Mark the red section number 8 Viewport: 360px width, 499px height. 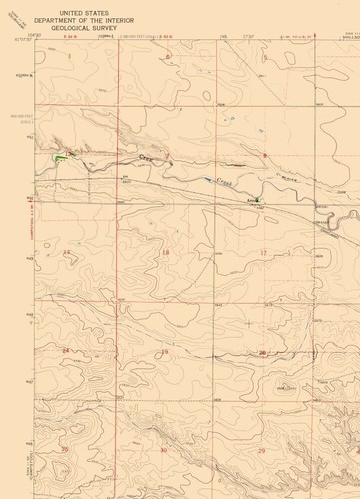[x=265, y=155]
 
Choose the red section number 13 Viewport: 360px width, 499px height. [x=66, y=253]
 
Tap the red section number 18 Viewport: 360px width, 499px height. [x=166, y=253]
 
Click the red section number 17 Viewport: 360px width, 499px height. [x=264, y=253]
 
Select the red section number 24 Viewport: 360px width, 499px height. [x=66, y=351]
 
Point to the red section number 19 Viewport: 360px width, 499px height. [x=165, y=352]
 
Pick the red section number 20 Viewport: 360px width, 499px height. [x=262, y=352]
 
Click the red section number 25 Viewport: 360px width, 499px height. [x=66, y=450]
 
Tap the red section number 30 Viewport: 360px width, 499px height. [x=164, y=450]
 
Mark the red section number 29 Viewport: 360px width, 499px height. [x=261, y=450]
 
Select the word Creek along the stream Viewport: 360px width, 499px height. [x=223, y=180]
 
